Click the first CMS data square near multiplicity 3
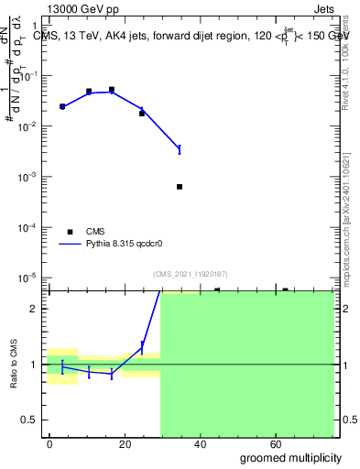click(x=62, y=107)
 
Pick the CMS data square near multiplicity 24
click(x=142, y=114)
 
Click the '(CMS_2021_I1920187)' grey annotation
click(x=190, y=273)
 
